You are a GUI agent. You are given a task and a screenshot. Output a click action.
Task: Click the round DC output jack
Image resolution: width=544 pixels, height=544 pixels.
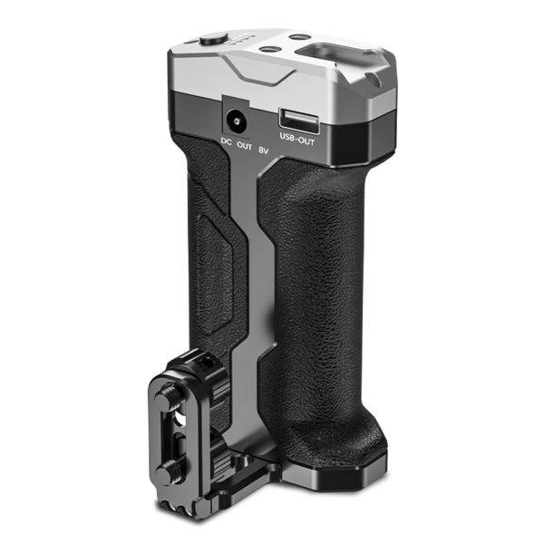pos(237,121)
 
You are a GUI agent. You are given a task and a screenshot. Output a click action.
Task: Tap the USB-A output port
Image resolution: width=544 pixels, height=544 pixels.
pos(299,121)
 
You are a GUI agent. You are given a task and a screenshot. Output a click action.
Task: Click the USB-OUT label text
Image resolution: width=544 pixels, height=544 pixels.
pos(297,140)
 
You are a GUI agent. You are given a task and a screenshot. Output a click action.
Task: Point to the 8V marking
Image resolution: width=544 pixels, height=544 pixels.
pos(264,151)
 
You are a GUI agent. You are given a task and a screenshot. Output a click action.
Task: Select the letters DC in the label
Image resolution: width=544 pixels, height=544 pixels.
pos(226,141)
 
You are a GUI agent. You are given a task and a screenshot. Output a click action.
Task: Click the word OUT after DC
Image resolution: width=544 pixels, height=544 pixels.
pos(244,146)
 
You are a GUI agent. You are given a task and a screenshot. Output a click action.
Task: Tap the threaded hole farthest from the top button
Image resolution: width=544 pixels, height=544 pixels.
pos(297,37)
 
